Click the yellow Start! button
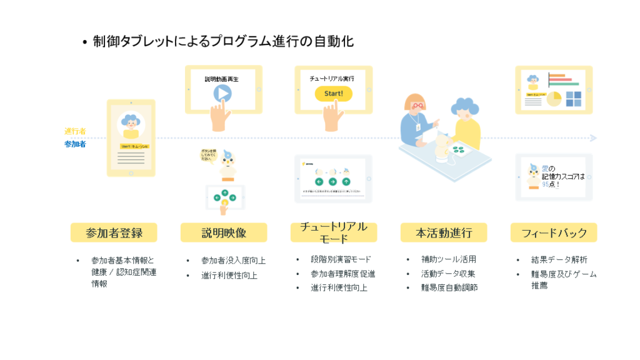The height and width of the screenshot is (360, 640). (x=333, y=94)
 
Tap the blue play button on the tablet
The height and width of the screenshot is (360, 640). (x=222, y=93)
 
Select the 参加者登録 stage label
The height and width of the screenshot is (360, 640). (x=114, y=233)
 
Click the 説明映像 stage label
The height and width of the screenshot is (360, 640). (x=224, y=233)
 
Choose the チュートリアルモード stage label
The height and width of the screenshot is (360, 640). (x=333, y=232)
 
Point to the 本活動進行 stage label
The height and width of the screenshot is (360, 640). (x=444, y=233)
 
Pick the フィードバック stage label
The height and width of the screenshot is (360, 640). (x=554, y=233)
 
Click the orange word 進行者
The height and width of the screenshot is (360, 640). (x=75, y=131)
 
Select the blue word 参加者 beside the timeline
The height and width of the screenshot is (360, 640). (x=75, y=144)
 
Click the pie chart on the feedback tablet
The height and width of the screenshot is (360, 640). (x=554, y=99)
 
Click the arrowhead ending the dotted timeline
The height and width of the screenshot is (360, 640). (x=593, y=137)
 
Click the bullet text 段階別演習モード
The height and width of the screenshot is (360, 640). (x=341, y=259)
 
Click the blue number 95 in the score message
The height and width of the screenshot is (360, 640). (x=546, y=184)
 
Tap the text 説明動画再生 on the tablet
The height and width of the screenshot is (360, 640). (x=221, y=79)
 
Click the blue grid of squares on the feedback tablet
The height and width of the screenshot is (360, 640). (x=573, y=99)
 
